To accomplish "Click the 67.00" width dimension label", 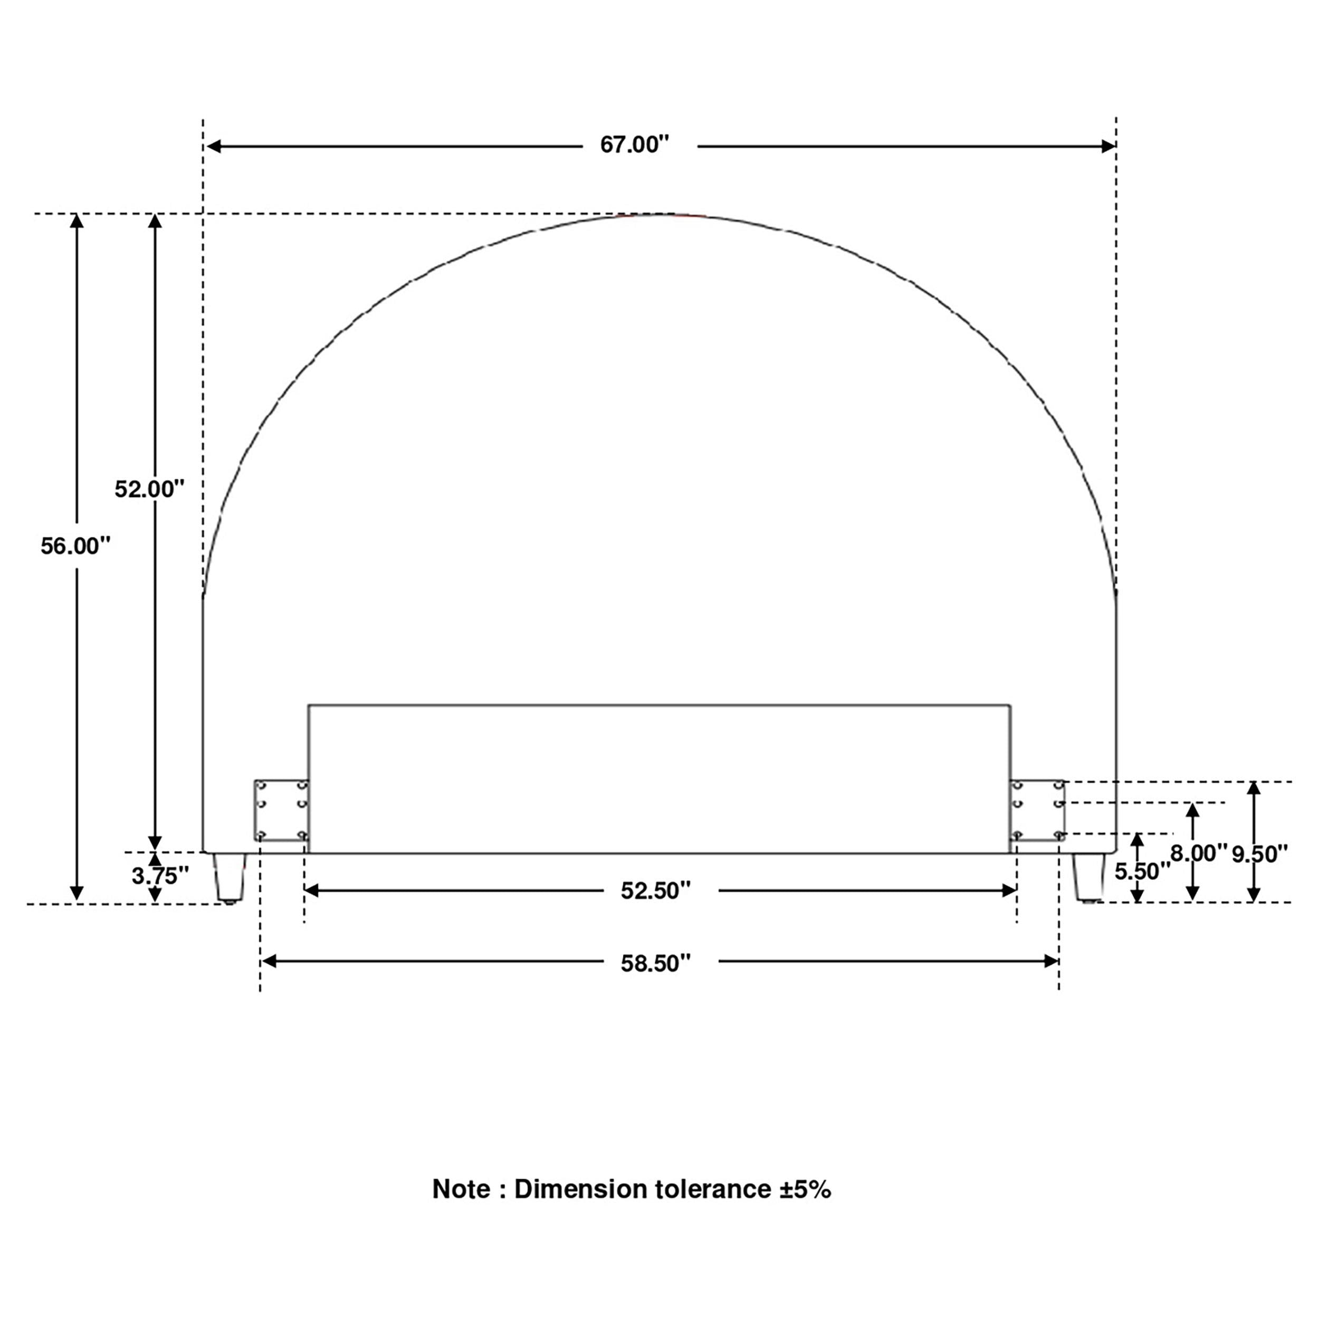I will coord(634,145).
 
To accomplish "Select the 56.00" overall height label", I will coord(75,546).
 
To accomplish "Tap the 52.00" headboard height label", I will coord(149,489).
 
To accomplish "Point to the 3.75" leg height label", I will coord(160,876).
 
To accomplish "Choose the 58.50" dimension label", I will coord(655,963).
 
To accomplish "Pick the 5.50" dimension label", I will coord(1142,871).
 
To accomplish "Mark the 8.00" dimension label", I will coord(1198,853).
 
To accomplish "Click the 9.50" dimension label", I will coord(1259,853).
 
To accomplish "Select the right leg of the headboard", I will coord(1088,877).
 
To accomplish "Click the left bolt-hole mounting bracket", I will coord(281,810).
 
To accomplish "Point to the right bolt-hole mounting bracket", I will coord(1037,810).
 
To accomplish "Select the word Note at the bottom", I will coord(461,1189).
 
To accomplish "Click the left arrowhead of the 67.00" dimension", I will coord(214,146).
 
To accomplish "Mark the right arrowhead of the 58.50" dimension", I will coord(1052,961).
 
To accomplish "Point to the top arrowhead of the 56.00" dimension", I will coord(77,221).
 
